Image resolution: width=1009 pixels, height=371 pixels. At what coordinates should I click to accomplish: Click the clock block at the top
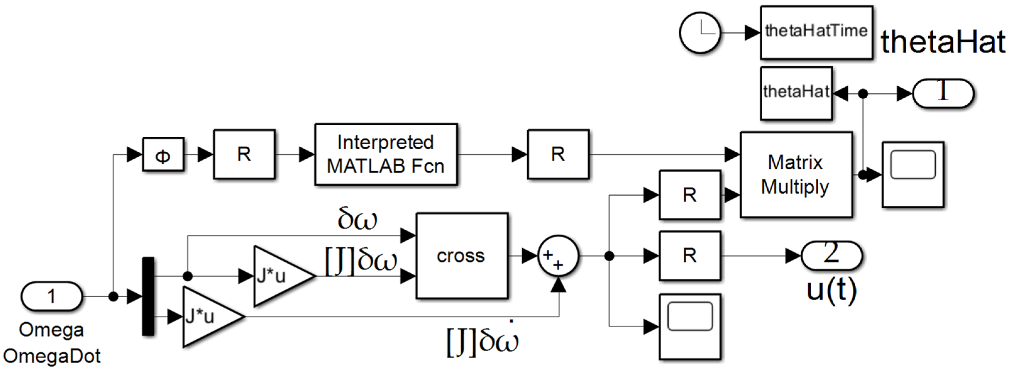700,33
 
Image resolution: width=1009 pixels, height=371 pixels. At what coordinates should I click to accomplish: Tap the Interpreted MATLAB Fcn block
386,154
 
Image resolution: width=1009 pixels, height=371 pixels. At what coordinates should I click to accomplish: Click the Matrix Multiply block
796,175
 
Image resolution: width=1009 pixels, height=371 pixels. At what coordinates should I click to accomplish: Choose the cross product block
461,256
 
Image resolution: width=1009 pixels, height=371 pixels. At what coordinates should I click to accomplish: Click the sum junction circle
558,256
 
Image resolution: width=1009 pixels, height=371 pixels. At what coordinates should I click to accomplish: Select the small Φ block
163,154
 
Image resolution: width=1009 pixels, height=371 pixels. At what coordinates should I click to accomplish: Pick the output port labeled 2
831,255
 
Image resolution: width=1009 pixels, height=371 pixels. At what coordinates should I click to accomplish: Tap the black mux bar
148,296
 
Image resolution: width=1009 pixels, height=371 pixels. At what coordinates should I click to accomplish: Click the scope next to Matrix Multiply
913,175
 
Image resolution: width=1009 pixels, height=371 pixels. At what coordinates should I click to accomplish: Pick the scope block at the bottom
690,327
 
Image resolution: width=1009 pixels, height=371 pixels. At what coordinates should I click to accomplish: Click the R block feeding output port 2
690,256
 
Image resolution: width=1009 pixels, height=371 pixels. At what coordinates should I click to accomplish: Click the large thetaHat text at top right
942,42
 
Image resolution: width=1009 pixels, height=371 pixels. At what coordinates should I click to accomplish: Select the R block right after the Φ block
244,154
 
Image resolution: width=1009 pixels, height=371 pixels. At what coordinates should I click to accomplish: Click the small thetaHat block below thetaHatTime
796,93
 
